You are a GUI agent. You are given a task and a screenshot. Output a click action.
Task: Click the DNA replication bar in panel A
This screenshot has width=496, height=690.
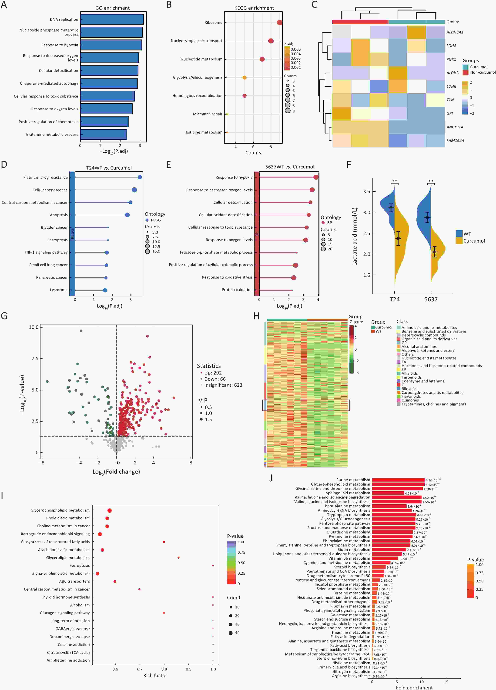click(112, 20)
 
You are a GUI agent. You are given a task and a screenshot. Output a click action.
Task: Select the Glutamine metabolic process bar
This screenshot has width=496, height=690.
click(104, 135)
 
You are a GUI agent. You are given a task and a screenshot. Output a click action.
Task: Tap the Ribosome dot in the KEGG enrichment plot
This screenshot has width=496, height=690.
click(279, 23)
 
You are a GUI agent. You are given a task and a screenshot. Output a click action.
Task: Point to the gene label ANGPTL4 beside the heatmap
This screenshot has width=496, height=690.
click(455, 127)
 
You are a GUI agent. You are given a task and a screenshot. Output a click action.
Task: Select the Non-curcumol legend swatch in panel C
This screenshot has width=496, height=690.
click(465, 72)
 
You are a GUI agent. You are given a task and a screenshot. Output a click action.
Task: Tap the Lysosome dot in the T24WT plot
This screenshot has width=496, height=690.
click(105, 290)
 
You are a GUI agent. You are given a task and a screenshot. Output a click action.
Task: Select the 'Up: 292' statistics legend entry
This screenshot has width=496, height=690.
click(213, 373)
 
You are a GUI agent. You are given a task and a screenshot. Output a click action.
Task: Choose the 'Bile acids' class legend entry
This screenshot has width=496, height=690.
click(409, 388)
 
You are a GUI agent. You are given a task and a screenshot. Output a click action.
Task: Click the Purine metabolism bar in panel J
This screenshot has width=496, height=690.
click(398, 480)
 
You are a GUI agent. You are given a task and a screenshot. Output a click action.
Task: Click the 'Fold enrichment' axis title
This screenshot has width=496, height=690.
click(414, 687)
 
